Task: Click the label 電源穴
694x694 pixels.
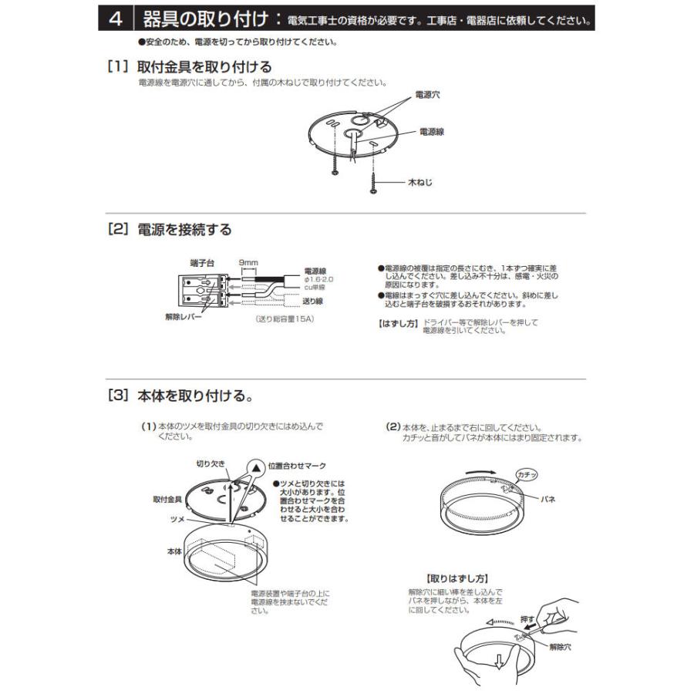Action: [428, 95]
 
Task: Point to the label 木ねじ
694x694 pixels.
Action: [420, 183]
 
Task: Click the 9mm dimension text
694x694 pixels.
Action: [248, 262]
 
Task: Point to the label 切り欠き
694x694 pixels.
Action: [211, 464]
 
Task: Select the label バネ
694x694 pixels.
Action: [547, 500]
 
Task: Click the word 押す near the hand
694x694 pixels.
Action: [527, 618]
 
